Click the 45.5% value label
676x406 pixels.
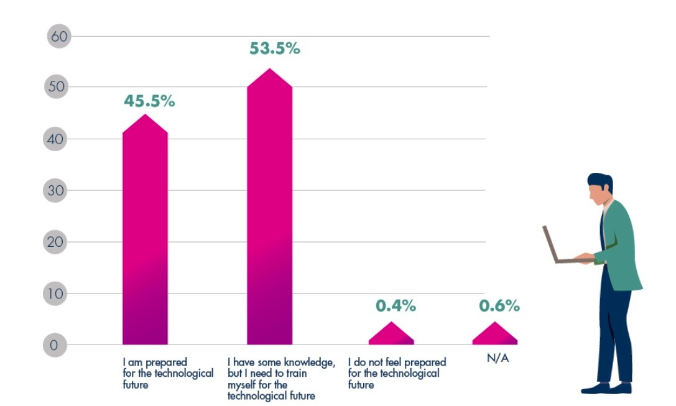pos(149,101)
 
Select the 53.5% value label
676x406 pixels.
pos(274,48)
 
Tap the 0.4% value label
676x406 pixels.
pos(396,306)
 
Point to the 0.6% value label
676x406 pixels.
pos(499,306)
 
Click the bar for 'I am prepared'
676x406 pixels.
pos(145,236)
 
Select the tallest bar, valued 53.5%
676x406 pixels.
pos(269,211)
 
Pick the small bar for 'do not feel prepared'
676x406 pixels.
pos(391,334)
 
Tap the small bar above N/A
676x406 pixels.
pos(494,334)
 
